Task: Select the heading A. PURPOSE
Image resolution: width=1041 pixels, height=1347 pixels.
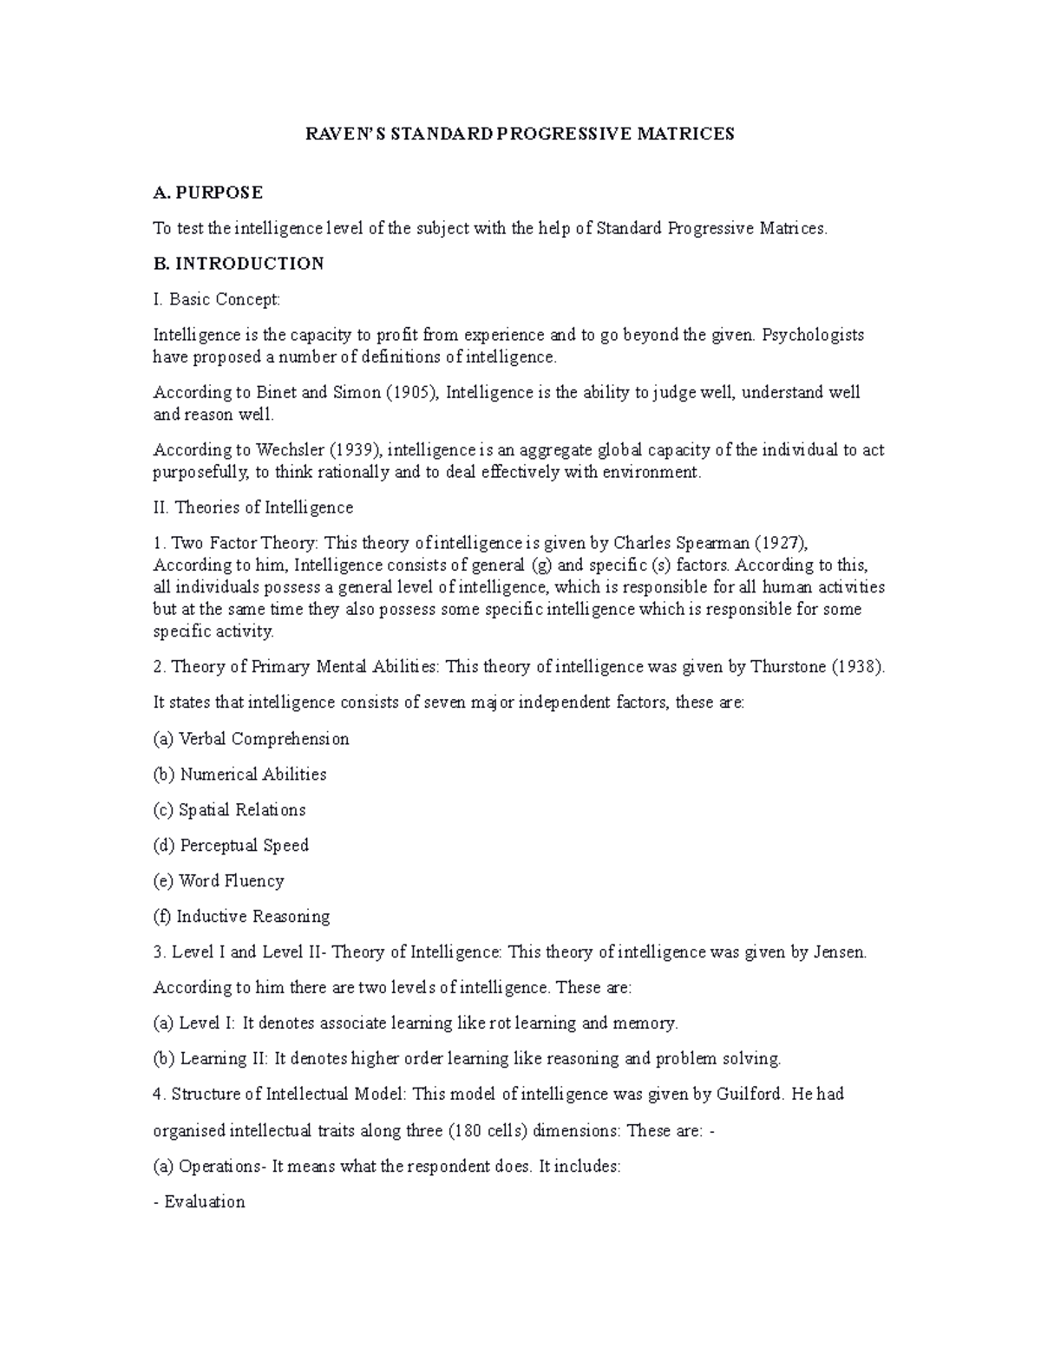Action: pyautogui.click(x=207, y=192)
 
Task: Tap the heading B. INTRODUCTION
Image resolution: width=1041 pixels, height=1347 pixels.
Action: pyautogui.click(x=238, y=263)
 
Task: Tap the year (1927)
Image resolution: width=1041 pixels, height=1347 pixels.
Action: pyautogui.click(x=781, y=543)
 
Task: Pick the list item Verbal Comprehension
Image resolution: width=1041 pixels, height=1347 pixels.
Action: pyautogui.click(x=263, y=739)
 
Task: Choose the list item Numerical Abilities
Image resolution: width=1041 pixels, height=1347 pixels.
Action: pyautogui.click(x=252, y=774)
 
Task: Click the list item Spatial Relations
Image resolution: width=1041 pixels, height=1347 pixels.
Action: pyautogui.click(x=242, y=809)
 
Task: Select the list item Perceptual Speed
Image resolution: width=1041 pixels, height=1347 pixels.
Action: pyautogui.click(x=244, y=845)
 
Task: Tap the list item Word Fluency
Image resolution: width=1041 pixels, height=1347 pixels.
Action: pyautogui.click(x=231, y=880)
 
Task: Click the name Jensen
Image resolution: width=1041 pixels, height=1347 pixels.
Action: pyautogui.click(x=839, y=951)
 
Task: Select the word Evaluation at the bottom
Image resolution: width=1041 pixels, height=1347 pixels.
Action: pyautogui.click(x=205, y=1201)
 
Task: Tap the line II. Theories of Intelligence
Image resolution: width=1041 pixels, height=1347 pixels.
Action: pyautogui.click(x=252, y=507)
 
